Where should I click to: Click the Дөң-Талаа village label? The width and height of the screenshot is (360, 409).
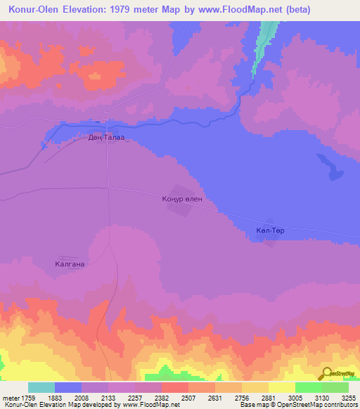(x=105, y=138)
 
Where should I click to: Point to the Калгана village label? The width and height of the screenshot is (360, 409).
(x=70, y=264)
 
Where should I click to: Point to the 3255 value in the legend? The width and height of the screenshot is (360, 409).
(x=348, y=398)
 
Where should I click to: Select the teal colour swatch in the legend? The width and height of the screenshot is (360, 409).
(x=41, y=387)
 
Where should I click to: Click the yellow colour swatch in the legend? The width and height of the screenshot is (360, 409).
(x=282, y=387)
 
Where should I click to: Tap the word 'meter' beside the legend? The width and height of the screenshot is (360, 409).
(x=11, y=398)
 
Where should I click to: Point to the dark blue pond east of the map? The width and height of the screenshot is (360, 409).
(x=329, y=168)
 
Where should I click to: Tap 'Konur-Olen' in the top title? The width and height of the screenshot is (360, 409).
(x=32, y=11)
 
